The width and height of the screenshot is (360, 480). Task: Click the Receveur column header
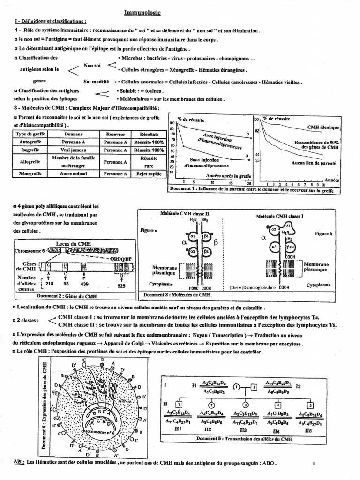point(116,134)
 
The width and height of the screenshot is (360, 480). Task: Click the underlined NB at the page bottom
point(19,462)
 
